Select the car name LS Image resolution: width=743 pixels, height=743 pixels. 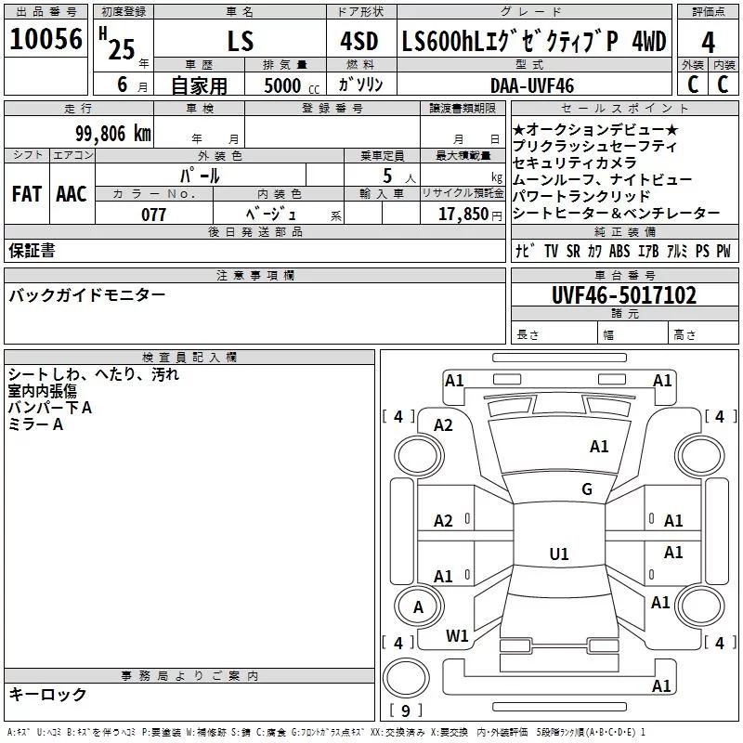241,43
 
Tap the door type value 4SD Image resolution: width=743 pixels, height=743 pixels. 353,43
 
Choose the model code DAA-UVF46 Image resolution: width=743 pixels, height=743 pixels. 531,85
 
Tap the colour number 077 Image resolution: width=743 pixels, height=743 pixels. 154,215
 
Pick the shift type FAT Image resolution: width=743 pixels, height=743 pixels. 27,194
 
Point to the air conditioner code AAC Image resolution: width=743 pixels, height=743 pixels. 72,194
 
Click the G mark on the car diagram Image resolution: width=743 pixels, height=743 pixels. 587,489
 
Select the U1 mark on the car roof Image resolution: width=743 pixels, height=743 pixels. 559,554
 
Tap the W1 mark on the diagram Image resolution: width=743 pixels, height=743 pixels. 457,635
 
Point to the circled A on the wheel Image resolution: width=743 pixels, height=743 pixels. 418,607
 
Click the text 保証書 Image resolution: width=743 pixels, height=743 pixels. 32,251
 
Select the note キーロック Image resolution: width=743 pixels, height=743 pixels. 48,695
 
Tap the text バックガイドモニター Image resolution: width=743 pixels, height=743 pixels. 87,295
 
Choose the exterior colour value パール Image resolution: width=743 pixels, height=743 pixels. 200,175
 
